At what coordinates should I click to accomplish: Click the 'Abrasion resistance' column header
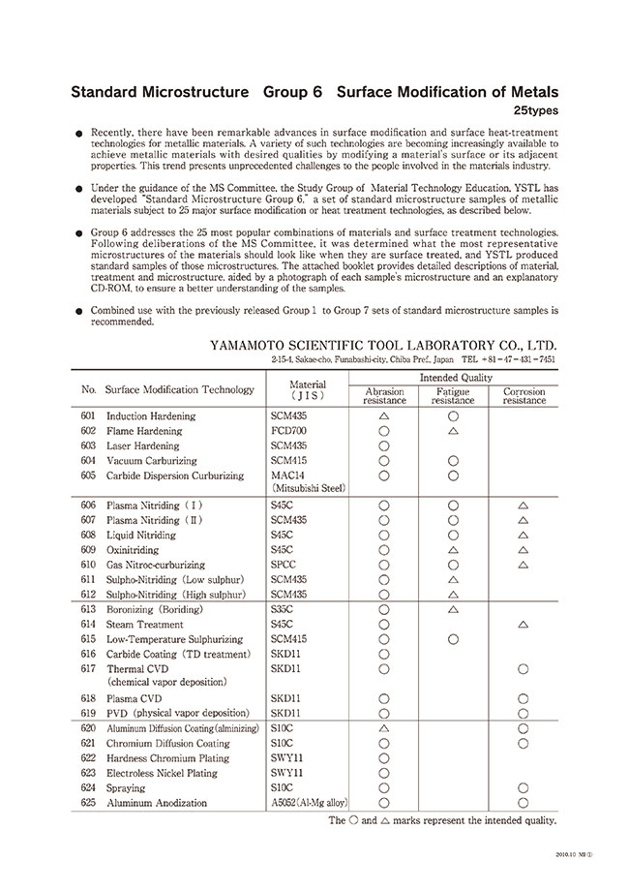[x=383, y=396]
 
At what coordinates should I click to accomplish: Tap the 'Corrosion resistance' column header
[x=524, y=396]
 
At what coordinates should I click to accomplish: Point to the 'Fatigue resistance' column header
[x=453, y=396]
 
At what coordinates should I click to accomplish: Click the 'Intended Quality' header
[x=453, y=377]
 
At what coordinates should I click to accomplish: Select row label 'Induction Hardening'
[x=150, y=416]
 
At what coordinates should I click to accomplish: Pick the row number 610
[x=89, y=565]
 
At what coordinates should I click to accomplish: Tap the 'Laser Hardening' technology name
[x=143, y=446]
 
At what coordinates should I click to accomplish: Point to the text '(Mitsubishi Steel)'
[x=308, y=489]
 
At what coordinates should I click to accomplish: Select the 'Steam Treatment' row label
[x=144, y=625]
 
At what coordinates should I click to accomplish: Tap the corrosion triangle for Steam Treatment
[x=524, y=625]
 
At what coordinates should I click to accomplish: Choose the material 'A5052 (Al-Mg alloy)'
[x=310, y=803]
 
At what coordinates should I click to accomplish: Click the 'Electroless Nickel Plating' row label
[x=162, y=773]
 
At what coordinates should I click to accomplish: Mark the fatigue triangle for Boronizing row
[x=453, y=610]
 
